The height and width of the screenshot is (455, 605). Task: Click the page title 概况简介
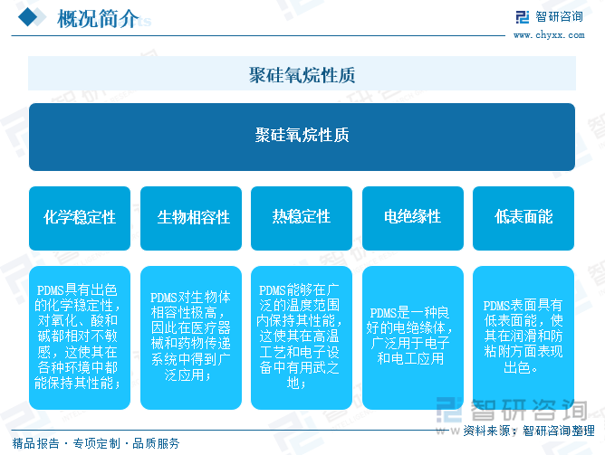(x=98, y=18)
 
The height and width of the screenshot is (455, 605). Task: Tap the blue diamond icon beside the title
(x=28, y=17)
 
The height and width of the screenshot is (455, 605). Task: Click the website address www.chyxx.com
(x=549, y=35)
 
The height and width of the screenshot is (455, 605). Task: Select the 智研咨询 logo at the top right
(x=550, y=16)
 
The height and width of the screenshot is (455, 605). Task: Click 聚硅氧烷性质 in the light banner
(x=302, y=75)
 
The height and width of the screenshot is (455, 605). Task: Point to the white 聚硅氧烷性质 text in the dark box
(x=302, y=135)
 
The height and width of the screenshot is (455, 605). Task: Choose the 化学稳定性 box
(x=80, y=218)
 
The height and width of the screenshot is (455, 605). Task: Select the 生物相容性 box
(x=191, y=218)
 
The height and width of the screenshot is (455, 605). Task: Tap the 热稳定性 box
(x=302, y=218)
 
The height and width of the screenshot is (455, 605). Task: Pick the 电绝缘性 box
(x=413, y=218)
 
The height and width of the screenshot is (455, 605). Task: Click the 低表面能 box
(x=523, y=218)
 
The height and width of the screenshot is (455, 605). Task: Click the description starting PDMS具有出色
(x=77, y=337)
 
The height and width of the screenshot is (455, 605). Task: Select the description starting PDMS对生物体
(x=190, y=336)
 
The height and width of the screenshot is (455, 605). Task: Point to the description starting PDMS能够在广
(x=299, y=337)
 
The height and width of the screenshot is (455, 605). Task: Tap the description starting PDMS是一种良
(x=409, y=336)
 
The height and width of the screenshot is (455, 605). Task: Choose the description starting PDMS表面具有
(x=523, y=337)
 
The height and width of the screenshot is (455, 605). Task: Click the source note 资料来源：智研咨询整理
(x=529, y=431)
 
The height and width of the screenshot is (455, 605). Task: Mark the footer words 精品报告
(x=36, y=443)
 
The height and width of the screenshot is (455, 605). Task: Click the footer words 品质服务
(x=157, y=443)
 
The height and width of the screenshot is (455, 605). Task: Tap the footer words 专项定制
(x=97, y=443)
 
